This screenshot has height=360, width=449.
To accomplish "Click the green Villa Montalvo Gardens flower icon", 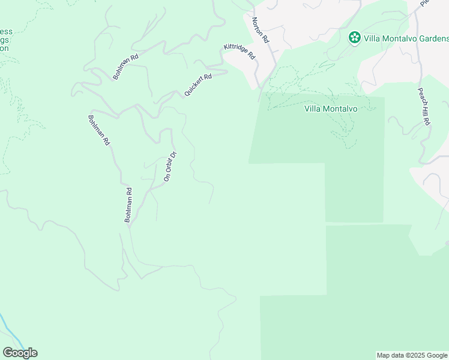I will click(x=355, y=38).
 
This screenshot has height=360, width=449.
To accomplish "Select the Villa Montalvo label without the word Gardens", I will click(x=331, y=109).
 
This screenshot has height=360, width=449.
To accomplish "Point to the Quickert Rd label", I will click(x=198, y=85).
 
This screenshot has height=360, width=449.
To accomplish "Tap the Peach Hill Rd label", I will click(x=424, y=106).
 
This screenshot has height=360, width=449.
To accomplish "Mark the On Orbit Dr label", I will click(x=170, y=166).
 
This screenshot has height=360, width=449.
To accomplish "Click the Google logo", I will click(x=20, y=353).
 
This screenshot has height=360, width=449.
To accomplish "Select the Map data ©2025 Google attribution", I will click(x=412, y=355).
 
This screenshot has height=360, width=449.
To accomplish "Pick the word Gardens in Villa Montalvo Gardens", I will click(x=431, y=38).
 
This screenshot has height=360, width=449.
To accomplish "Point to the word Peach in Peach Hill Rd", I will click(x=421, y=95).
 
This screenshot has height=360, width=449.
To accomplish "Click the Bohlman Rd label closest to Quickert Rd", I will click(x=126, y=67).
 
